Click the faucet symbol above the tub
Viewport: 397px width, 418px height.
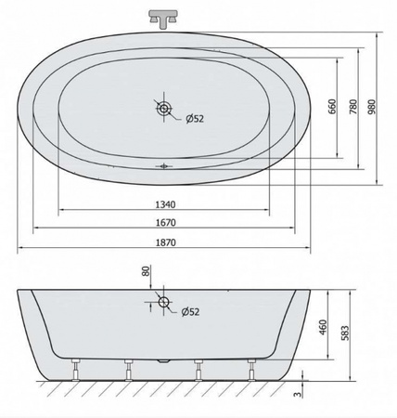pyautogui.click(x=163, y=19)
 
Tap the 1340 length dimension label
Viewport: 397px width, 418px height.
pyautogui.click(x=165, y=204)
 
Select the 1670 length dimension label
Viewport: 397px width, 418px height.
pyautogui.click(x=165, y=223)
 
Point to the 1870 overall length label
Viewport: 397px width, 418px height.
pyautogui.click(x=165, y=242)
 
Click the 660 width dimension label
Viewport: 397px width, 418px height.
pyautogui.click(x=332, y=107)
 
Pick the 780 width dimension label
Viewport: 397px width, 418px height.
pyautogui.click(x=353, y=107)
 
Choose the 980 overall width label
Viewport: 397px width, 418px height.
pyautogui.click(x=372, y=107)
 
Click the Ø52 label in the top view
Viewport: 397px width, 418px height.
pyautogui.click(x=195, y=119)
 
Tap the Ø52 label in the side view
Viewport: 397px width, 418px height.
pyautogui.click(x=190, y=312)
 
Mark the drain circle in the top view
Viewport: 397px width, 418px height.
pyautogui.click(x=163, y=109)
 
